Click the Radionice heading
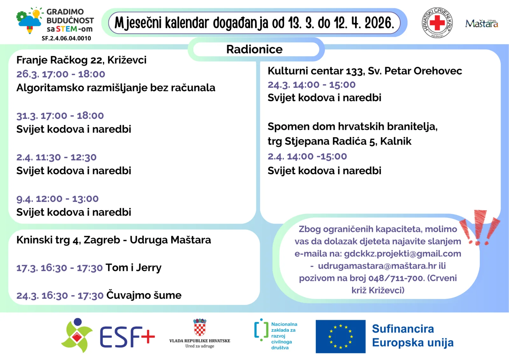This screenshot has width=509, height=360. click(x=254, y=49)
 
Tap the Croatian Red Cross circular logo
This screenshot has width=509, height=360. click(x=437, y=23)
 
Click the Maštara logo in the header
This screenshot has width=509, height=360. click(x=481, y=24)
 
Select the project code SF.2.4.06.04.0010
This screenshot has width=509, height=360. click(x=66, y=38)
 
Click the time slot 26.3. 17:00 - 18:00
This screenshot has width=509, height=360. click(x=61, y=74)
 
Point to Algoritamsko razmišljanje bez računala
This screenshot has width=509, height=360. click(x=116, y=88)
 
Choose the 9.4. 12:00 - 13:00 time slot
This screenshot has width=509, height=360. click(x=58, y=199)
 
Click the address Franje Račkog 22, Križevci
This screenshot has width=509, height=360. click(x=81, y=60)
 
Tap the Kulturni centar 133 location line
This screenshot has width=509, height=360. click(x=365, y=71)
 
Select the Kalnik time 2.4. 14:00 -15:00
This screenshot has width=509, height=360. click(x=307, y=156)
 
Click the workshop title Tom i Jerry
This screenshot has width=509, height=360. click(x=134, y=268)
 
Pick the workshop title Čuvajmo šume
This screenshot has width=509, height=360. click(x=144, y=295)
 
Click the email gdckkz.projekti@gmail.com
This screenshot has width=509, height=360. click(x=402, y=254)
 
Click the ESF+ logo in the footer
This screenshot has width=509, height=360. click(x=108, y=336)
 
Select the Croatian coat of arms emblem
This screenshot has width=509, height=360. click(x=200, y=328)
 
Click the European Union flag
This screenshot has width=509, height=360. click(x=340, y=336)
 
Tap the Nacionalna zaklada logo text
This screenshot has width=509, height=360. click(x=284, y=336)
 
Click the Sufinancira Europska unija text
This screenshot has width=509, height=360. click(x=413, y=336)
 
